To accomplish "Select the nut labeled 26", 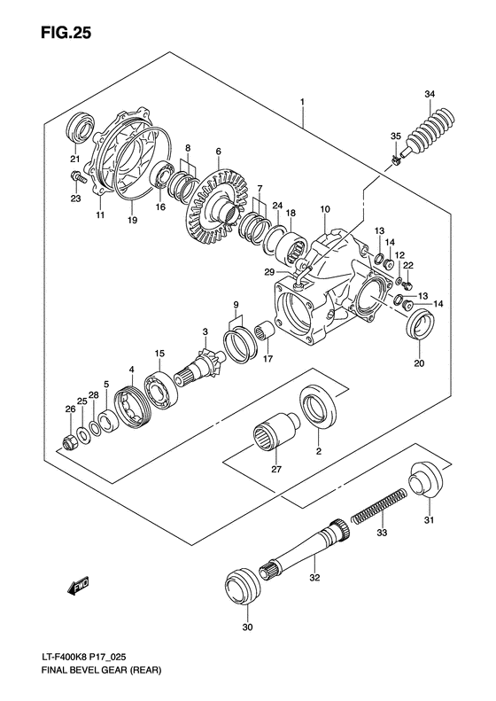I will click(x=70, y=440).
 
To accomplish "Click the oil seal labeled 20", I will click(x=419, y=327).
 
